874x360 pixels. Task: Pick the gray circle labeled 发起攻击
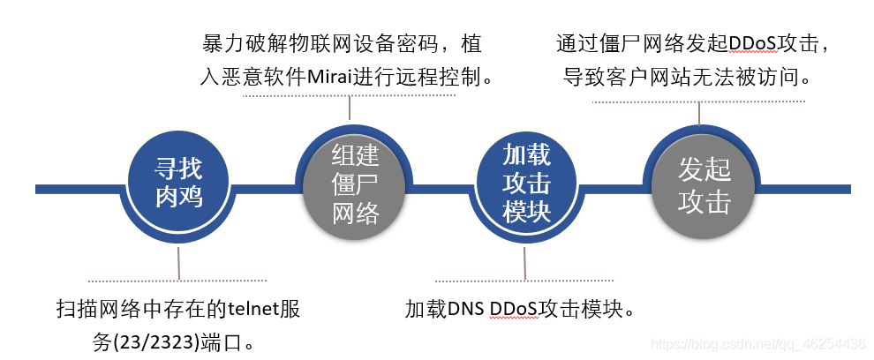(x=704, y=188)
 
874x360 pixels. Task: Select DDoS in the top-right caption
(x=750, y=43)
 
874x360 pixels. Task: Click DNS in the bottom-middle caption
(x=465, y=309)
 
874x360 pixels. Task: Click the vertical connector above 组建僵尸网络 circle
(x=350, y=107)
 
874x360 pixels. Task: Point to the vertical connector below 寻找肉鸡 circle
(x=179, y=264)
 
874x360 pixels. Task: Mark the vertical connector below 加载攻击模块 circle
(x=525, y=264)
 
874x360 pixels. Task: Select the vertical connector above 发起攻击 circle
(x=699, y=113)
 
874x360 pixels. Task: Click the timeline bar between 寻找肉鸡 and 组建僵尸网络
(x=265, y=189)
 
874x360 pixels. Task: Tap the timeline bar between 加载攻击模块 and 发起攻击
(x=614, y=189)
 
